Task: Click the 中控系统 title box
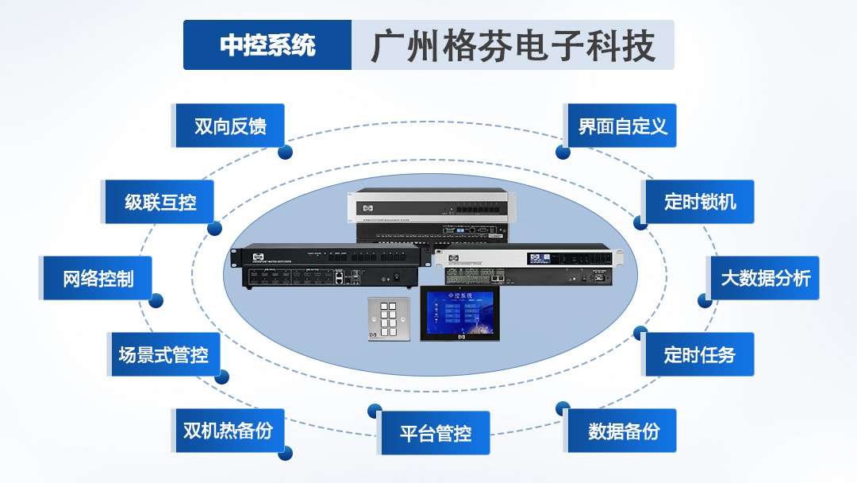[x=267, y=45]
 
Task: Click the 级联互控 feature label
[x=160, y=202]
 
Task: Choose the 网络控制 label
[x=98, y=278]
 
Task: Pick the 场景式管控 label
[x=163, y=354]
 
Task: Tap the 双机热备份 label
[x=228, y=431]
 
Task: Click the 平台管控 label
[x=436, y=433]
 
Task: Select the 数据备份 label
[x=623, y=431]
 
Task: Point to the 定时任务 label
[x=699, y=354]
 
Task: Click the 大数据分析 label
[x=765, y=278]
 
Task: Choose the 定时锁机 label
[x=699, y=202]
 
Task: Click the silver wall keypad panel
[x=389, y=320]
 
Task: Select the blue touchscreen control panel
[x=461, y=315]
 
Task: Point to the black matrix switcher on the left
[x=326, y=266]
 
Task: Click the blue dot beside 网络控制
[x=156, y=300]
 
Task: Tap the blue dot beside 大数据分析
[x=704, y=300]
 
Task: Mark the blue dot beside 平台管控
[x=374, y=410]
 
